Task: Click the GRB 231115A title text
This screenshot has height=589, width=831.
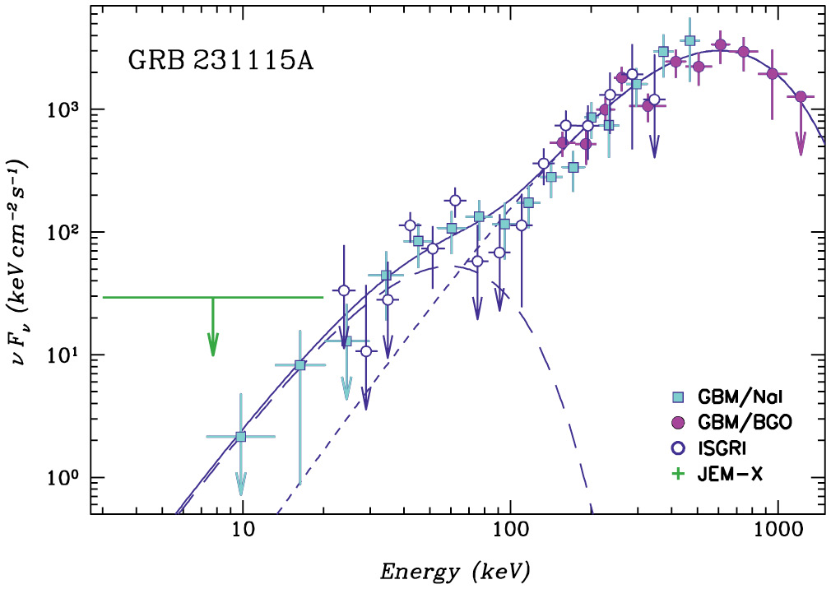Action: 221,61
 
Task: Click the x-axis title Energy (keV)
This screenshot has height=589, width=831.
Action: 453,569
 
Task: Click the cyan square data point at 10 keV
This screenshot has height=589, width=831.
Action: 241,437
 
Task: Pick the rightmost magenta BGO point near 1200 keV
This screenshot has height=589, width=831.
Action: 800,97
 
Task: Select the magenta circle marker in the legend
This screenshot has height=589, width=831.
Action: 678,422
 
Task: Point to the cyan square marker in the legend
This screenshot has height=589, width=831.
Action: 678,397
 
